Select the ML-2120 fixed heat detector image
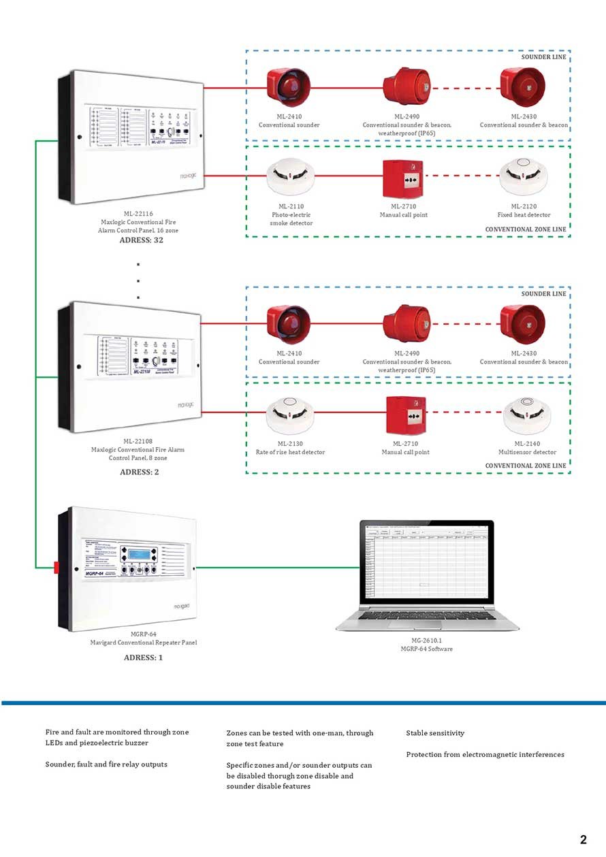coord(523,176)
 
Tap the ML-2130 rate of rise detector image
coord(290,415)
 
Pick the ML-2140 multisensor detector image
coord(527,415)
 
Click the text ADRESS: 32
coord(141,240)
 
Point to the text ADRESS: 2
coord(141,472)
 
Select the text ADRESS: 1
coord(144,658)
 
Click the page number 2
coord(583,839)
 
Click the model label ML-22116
coord(137,214)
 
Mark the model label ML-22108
coord(138,441)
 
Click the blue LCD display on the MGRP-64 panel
coord(141,551)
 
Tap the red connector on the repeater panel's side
coord(57,566)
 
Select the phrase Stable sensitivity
coord(435,733)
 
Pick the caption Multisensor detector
coord(527,452)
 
